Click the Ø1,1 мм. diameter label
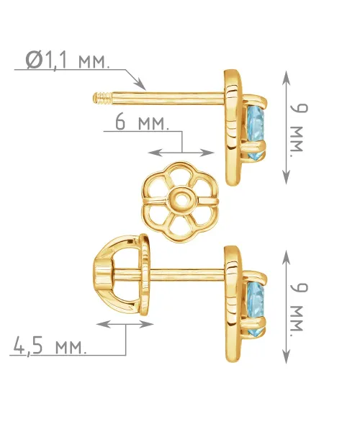pyautogui.click(x=67, y=60)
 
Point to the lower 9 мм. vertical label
pyautogui.click(x=299, y=307)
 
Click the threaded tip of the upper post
pyautogui.click(x=102, y=99)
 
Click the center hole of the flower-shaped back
pyautogui.click(x=181, y=198)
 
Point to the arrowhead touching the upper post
pyautogui.click(x=142, y=85)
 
